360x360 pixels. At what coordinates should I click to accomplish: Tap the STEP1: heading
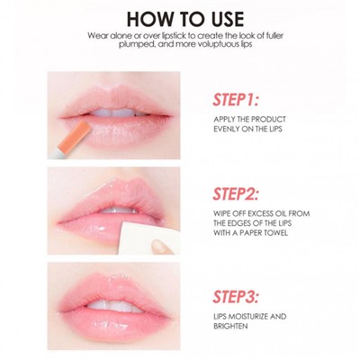point(236,100)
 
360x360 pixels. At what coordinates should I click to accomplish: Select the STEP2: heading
point(236,193)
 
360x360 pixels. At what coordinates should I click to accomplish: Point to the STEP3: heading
point(236,296)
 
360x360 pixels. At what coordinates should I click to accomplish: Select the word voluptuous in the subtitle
point(218,44)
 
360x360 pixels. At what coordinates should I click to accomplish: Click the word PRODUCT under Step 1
point(268,119)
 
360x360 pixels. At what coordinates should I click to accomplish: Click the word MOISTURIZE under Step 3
point(247,317)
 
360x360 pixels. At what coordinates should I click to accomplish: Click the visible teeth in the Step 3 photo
point(115,306)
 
